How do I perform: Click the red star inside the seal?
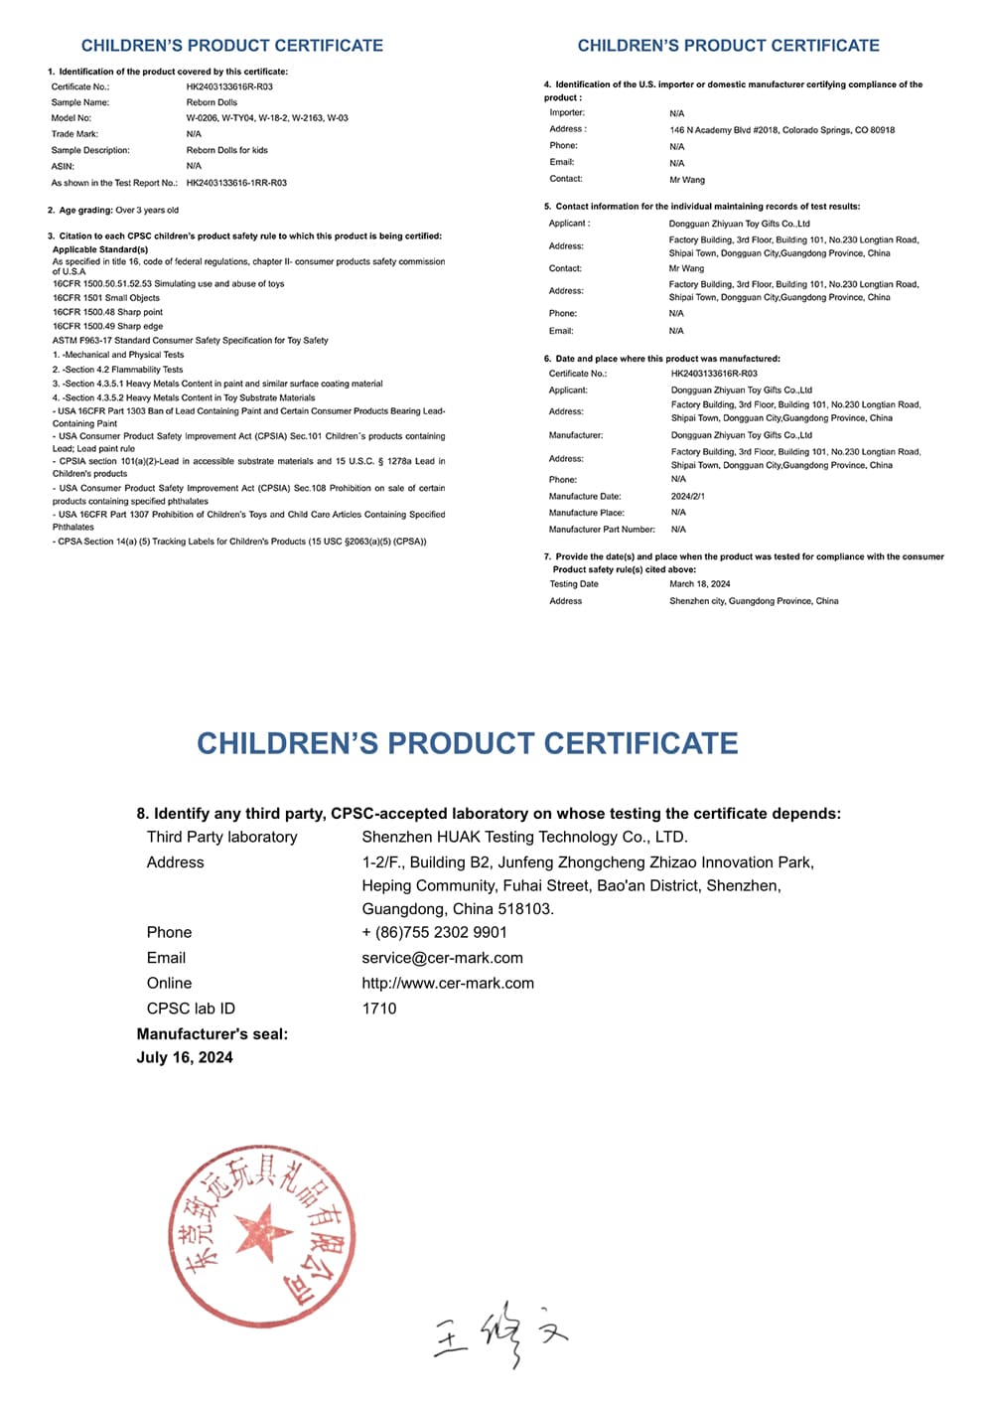pyautogui.click(x=263, y=1233)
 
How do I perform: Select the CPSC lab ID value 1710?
pyautogui.click(x=379, y=1009)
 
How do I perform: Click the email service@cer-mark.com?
pyautogui.click(x=442, y=958)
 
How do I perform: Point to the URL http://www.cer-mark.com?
pyautogui.click(x=448, y=983)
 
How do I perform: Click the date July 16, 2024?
pyautogui.click(x=185, y=1057)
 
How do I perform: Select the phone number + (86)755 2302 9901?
pyautogui.click(x=434, y=932)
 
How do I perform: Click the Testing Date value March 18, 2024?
pyautogui.click(x=699, y=584)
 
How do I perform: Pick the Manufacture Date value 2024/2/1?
pyautogui.click(x=687, y=496)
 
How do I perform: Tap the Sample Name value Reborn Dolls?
pyautogui.click(x=212, y=102)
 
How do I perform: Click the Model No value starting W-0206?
pyautogui.click(x=267, y=118)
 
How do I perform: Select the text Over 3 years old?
pyautogui.click(x=147, y=211)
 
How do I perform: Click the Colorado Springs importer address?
pyautogui.click(x=781, y=130)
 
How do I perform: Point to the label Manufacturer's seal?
pyautogui.click(x=212, y=1034)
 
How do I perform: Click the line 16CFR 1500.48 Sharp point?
pyautogui.click(x=107, y=312)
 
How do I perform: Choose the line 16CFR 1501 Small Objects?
pyautogui.click(x=106, y=298)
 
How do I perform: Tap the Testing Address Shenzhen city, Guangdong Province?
pyautogui.click(x=754, y=601)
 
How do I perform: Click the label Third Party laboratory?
pyautogui.click(x=221, y=837)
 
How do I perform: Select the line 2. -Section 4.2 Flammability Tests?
pyautogui.click(x=117, y=370)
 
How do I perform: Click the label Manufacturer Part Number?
pyautogui.click(x=602, y=530)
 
